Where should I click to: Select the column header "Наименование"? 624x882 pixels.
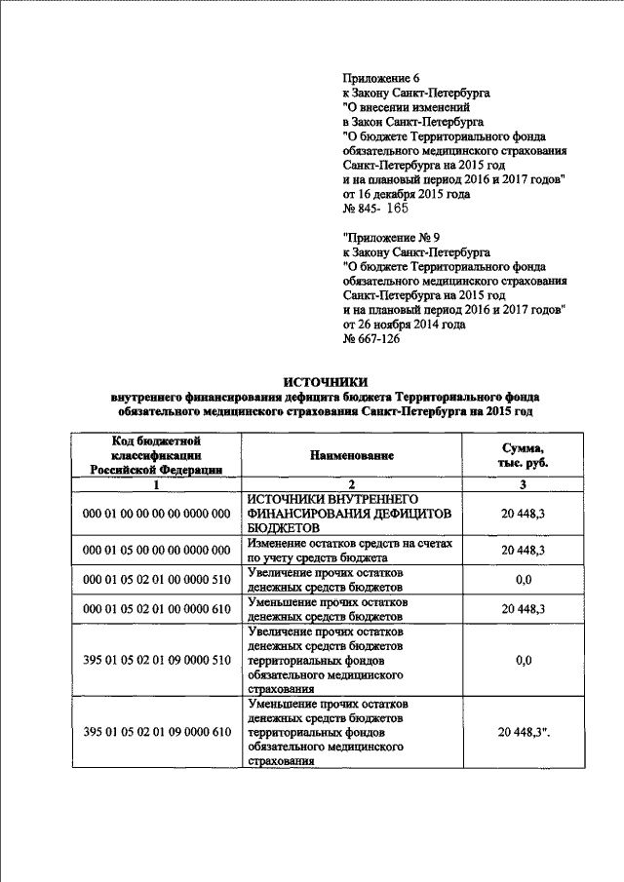tap(352, 455)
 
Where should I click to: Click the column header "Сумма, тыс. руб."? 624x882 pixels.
tap(523, 454)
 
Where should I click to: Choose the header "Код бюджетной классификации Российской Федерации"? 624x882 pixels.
tap(157, 455)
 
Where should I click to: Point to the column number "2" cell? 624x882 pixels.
tap(352, 484)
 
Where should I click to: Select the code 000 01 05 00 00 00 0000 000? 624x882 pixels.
tap(157, 551)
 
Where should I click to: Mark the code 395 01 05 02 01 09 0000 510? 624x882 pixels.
tap(157, 660)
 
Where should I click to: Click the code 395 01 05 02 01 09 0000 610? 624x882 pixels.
tap(157, 732)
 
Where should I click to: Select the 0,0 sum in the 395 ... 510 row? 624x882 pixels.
tap(523, 660)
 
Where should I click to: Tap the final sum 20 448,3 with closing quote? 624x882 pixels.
tap(525, 732)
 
